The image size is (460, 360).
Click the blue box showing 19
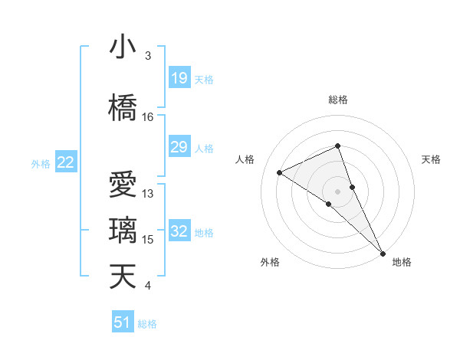pos(179,78)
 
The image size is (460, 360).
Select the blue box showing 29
pos(179,147)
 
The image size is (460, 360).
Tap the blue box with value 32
pos(179,231)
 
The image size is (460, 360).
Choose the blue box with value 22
pos(66,162)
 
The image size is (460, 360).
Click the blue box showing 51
pos(123,322)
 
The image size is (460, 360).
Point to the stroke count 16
pos(148,117)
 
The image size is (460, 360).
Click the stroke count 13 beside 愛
pos(148,194)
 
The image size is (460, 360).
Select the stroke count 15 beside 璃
pos(148,240)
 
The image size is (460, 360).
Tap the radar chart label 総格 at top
pos(337,100)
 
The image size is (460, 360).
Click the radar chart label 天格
pos(431,159)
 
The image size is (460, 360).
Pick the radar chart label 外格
pos(270,262)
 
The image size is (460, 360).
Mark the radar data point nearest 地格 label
pos(383,252)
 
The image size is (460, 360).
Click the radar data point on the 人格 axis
pos(279,172)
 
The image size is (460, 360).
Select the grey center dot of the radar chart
pos(337,191)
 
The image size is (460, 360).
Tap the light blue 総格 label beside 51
pos(147,324)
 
